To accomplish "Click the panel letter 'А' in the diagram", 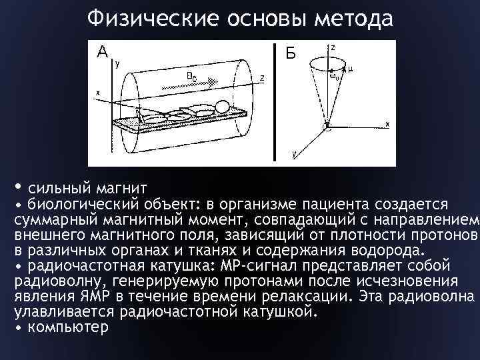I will [x=102, y=51].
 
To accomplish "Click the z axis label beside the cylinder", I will [x=262, y=78].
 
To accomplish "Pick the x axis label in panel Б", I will [x=387, y=125].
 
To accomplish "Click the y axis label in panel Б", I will [x=294, y=153].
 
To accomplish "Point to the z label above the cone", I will [x=333, y=47].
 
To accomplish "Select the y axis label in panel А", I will [x=117, y=65].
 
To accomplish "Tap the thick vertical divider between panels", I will [x=275, y=103].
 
